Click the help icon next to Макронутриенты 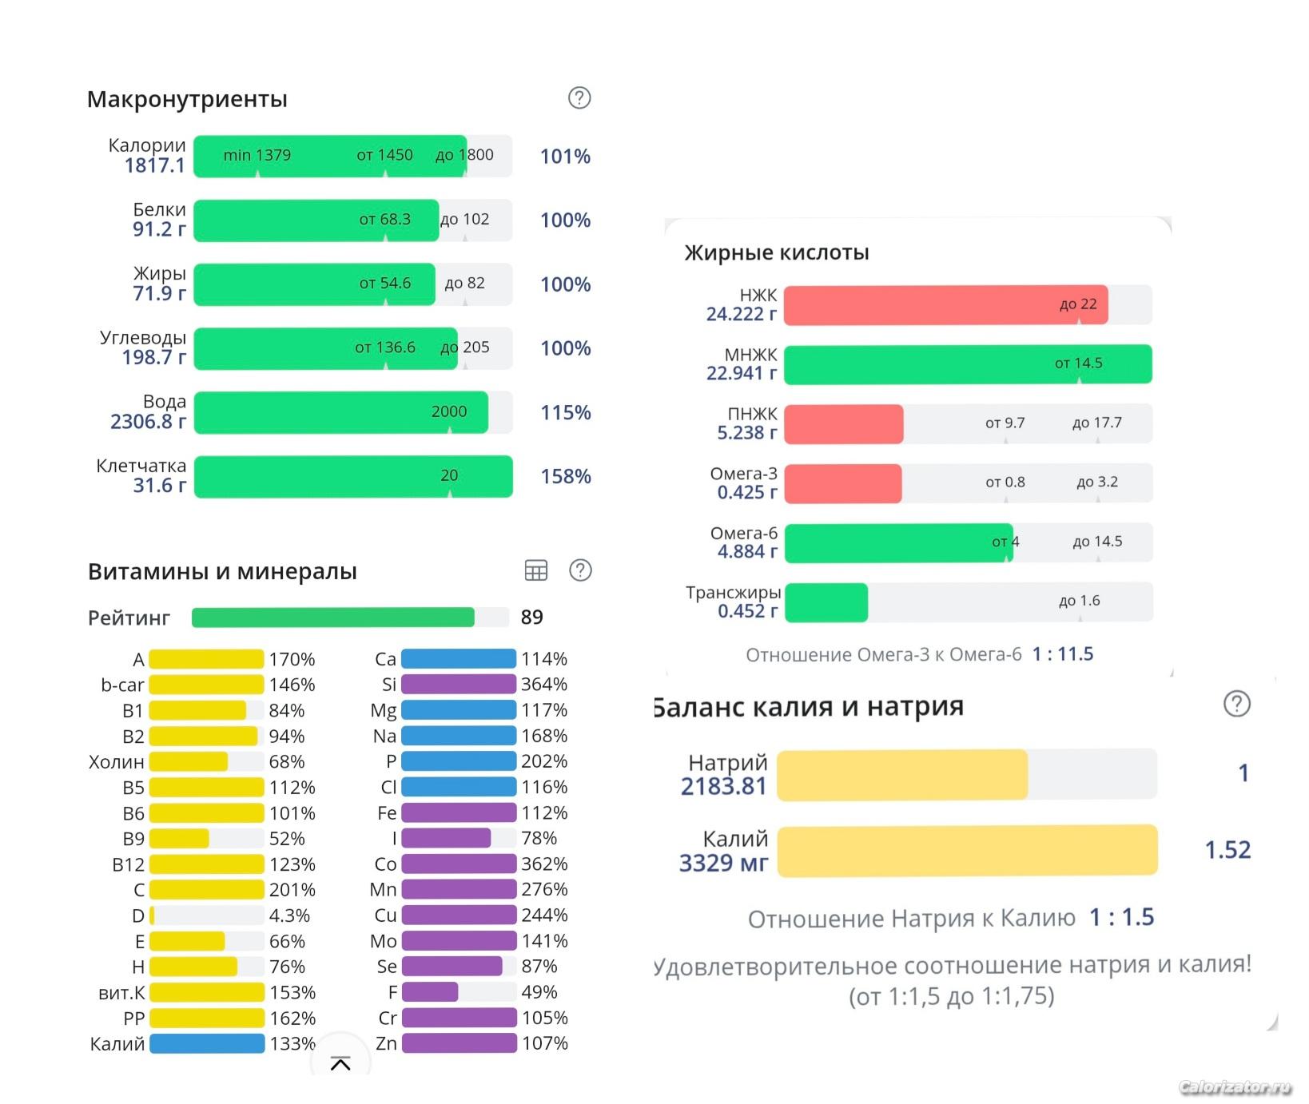(579, 98)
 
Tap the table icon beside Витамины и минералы (536, 570)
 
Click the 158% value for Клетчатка (566, 477)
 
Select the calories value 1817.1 (154, 165)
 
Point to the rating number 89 (532, 618)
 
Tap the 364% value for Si (544, 685)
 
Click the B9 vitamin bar (180, 839)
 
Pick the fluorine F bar (430, 992)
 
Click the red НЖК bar (945, 305)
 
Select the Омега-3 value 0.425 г (746, 492)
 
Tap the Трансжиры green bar (826, 602)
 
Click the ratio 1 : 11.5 (1063, 654)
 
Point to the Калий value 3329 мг (723, 864)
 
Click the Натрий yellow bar (902, 775)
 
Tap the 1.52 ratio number (1227, 850)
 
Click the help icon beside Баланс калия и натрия (1237, 704)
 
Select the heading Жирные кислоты (777, 252)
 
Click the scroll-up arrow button (340, 1063)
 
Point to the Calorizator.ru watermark (1235, 1087)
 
